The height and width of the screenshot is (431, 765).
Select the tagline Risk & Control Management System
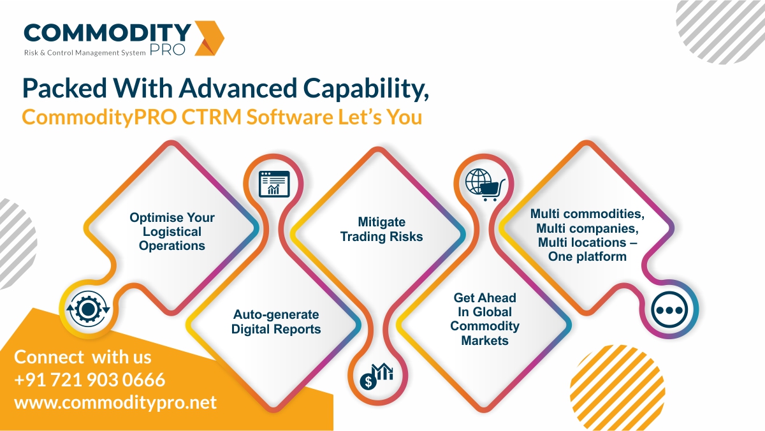click(84, 52)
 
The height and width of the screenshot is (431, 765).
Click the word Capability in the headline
click(361, 89)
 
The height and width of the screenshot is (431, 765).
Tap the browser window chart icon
click(273, 183)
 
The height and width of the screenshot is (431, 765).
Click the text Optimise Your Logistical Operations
click(172, 231)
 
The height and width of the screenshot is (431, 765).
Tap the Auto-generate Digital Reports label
click(276, 322)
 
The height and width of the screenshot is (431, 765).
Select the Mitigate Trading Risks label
click(381, 229)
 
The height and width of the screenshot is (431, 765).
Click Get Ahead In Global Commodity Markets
click(484, 319)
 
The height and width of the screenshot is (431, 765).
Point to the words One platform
click(587, 256)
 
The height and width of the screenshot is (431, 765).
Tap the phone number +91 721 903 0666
click(90, 380)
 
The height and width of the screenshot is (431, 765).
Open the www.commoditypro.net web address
click(115, 402)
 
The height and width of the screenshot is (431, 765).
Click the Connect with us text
click(83, 356)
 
